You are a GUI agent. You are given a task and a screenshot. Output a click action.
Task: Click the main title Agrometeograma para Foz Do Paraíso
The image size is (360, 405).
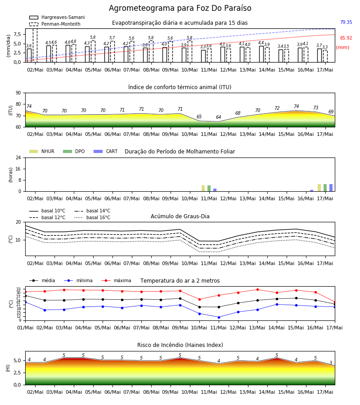pyautogui.click(x=180, y=8)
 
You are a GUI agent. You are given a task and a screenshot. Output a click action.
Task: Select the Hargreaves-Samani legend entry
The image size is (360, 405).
pyautogui.click(x=57, y=17)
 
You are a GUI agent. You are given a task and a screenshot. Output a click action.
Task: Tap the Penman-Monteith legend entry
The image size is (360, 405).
pyautogui.click(x=55, y=24)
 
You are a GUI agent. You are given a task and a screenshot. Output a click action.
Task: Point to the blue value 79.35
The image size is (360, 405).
pyautogui.click(x=346, y=22)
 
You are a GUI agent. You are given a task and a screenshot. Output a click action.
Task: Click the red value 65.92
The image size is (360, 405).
pyautogui.click(x=346, y=38)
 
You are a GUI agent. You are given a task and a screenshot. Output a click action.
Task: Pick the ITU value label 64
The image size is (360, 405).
pyautogui.click(x=219, y=117)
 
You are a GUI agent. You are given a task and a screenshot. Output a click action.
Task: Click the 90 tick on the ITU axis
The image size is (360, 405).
pyautogui.click(x=18, y=93)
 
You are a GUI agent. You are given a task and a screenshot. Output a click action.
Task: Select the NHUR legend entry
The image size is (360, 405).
pyautogui.click(x=42, y=151)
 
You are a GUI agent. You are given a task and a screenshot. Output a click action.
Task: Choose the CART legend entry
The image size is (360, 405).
pyautogui.click(x=106, y=151)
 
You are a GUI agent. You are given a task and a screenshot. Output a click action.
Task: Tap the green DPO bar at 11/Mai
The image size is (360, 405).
pyautogui.click(x=209, y=188)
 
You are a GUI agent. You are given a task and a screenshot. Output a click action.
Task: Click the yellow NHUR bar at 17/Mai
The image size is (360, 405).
pyautogui.click(x=319, y=188)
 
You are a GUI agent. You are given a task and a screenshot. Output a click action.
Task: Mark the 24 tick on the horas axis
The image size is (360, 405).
pyautogui.click(x=18, y=157)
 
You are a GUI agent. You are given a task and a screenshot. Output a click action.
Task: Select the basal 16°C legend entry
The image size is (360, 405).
pyautogui.click(x=92, y=217)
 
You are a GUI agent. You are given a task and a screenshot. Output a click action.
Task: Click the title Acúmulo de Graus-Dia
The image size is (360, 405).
pyautogui.click(x=180, y=216)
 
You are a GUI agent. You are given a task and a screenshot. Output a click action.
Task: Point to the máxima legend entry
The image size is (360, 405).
pyautogui.click(x=117, y=280)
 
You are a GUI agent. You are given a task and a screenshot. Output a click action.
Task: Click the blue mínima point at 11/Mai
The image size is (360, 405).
pyautogui.click(x=219, y=317)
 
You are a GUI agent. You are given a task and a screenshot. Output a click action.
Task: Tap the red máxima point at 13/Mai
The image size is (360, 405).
pyautogui.click(x=257, y=289)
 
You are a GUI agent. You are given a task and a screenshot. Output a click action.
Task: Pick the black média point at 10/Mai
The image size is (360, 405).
pyautogui.click(x=199, y=307)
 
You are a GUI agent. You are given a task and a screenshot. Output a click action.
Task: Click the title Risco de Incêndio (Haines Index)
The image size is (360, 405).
pyautogui.click(x=180, y=345)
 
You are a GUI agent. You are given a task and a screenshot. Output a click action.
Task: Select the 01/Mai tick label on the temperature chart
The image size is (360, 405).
pyautogui.click(x=25, y=328)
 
